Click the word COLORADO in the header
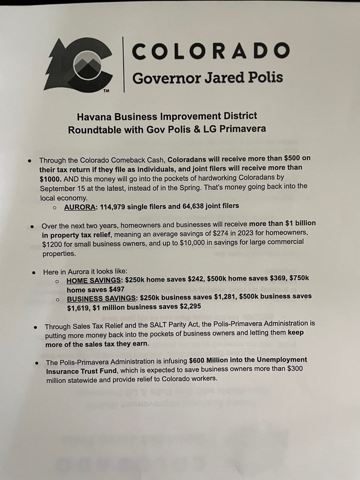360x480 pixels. [x=211, y=51]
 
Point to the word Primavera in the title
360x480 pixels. [x=243, y=129]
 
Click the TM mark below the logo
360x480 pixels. [x=106, y=90]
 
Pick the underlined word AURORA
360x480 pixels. [x=80, y=207]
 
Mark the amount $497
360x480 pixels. [x=116, y=289]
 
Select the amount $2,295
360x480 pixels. [x=188, y=307]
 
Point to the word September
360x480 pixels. [x=57, y=188]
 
